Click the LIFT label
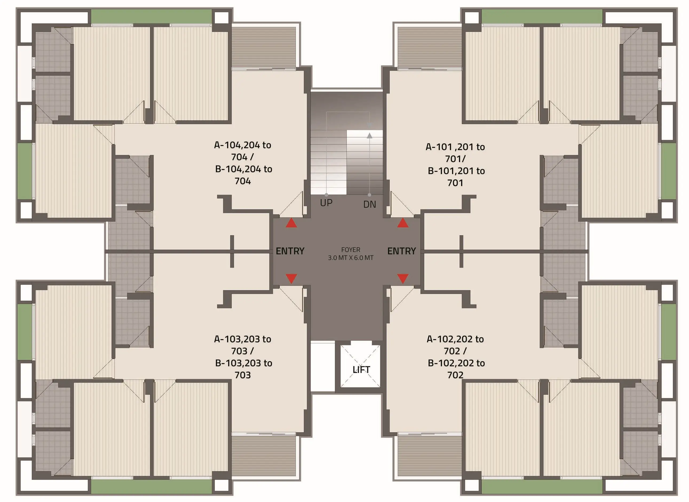361,370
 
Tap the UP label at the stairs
326,203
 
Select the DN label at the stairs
370,204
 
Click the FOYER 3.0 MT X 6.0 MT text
351,254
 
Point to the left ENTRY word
290,251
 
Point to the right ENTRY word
402,251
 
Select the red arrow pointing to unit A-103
291,279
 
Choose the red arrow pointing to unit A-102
403,279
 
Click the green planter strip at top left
152,17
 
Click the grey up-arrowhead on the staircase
369,135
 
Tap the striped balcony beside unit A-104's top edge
263,47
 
